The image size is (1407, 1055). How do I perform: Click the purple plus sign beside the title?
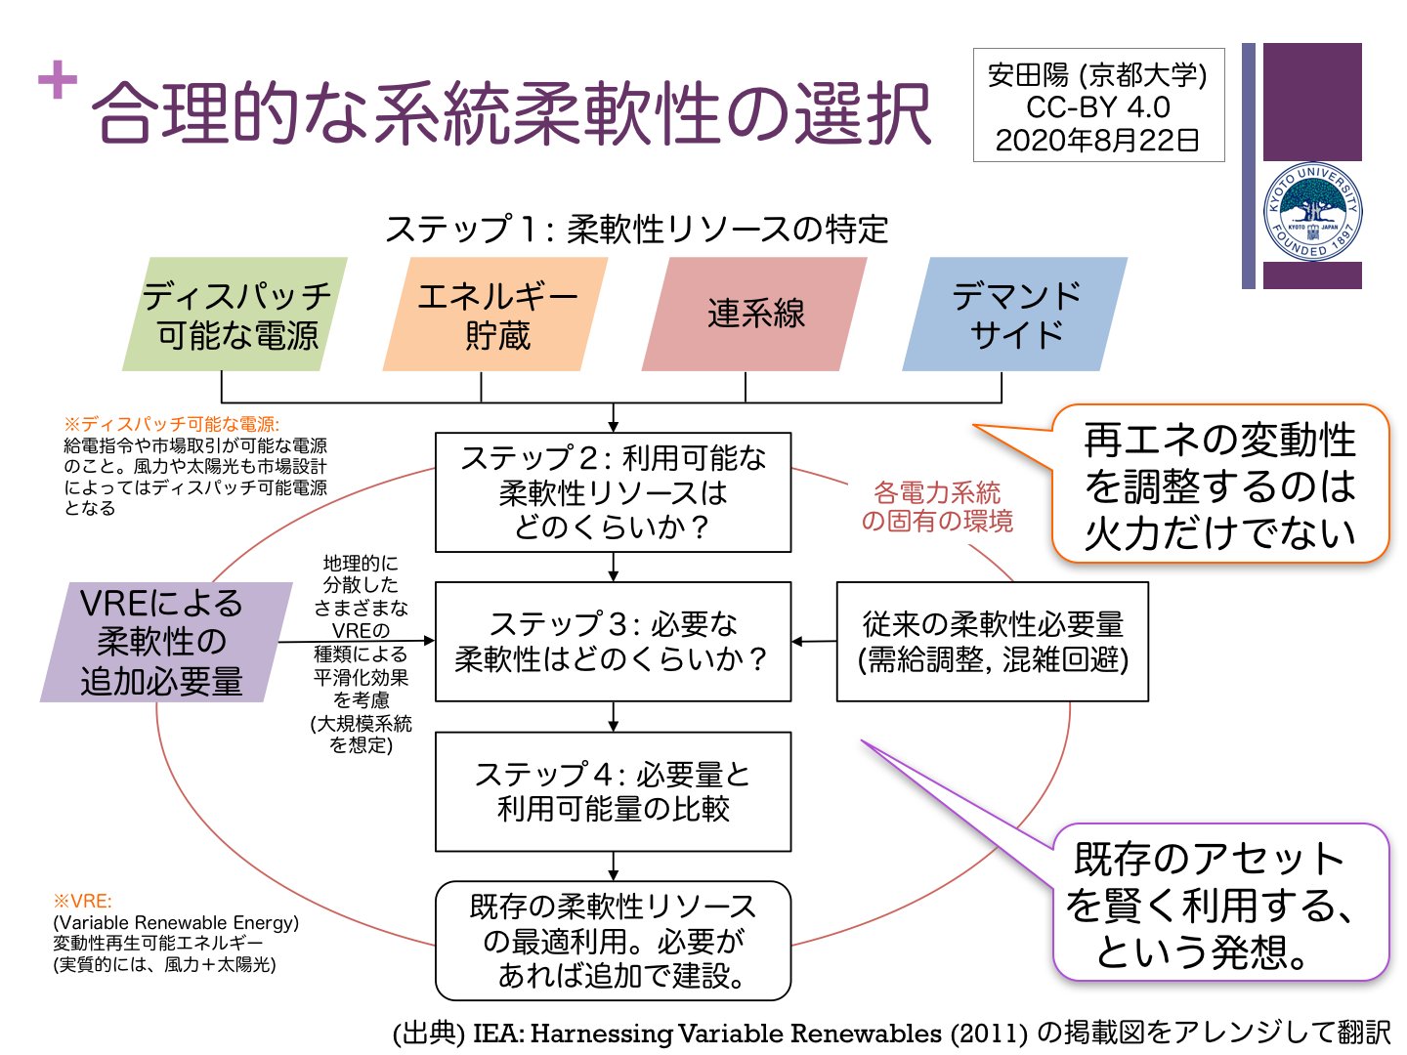pyautogui.click(x=58, y=80)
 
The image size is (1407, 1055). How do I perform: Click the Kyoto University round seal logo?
pyautogui.click(x=1312, y=212)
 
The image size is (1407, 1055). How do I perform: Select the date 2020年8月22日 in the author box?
pyautogui.click(x=1097, y=140)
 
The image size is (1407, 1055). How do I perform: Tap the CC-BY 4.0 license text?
pyautogui.click(x=1097, y=106)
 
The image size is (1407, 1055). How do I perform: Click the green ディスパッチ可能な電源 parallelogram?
pyautogui.click(x=234, y=315)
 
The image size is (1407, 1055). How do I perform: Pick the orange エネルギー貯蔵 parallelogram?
pyautogui.click(x=495, y=315)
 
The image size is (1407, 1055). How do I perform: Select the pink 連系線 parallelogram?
pyautogui.click(x=754, y=315)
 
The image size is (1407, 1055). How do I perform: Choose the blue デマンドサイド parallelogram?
pyautogui.click(x=1015, y=315)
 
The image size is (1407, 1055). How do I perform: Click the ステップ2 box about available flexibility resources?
pyautogui.click(x=613, y=492)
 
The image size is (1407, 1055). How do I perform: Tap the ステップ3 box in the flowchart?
pyautogui.click(x=613, y=642)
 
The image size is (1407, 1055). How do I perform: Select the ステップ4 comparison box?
pyautogui.click(x=613, y=791)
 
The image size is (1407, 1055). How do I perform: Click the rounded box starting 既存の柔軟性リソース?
pyautogui.click(x=613, y=941)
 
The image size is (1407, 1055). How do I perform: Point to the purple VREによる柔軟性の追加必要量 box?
pyautogui.click(x=164, y=642)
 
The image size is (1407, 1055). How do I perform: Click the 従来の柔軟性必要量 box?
pyautogui.click(x=992, y=642)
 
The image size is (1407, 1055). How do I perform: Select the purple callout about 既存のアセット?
pyautogui.click(x=1219, y=904)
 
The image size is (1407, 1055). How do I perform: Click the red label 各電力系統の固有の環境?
pyautogui.click(x=936, y=506)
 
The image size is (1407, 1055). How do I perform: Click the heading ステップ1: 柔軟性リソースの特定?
pyautogui.click(x=636, y=230)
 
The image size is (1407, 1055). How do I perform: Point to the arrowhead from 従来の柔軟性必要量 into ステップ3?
pyautogui.click(x=797, y=642)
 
